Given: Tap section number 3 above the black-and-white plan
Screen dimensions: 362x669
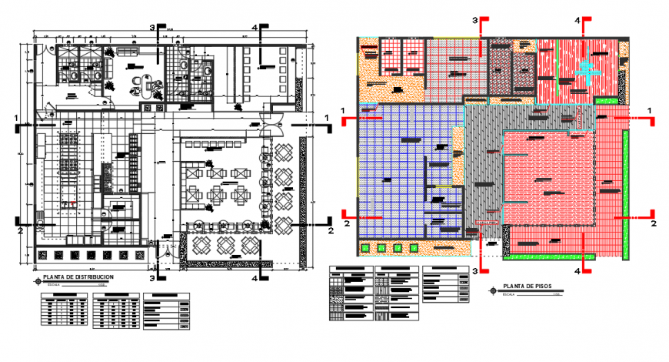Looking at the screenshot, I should coord(152,28).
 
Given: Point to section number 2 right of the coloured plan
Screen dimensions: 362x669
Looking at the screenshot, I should coord(654,223).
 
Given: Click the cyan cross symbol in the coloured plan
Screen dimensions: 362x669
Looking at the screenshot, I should coord(587,72).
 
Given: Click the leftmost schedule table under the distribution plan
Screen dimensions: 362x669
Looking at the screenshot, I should coord(65,312).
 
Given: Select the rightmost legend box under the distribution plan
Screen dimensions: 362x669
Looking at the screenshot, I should coord(167,311).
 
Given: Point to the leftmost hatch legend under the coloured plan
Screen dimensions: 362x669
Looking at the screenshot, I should coord(348,296).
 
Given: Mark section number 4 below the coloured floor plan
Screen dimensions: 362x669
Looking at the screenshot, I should coord(577,270).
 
